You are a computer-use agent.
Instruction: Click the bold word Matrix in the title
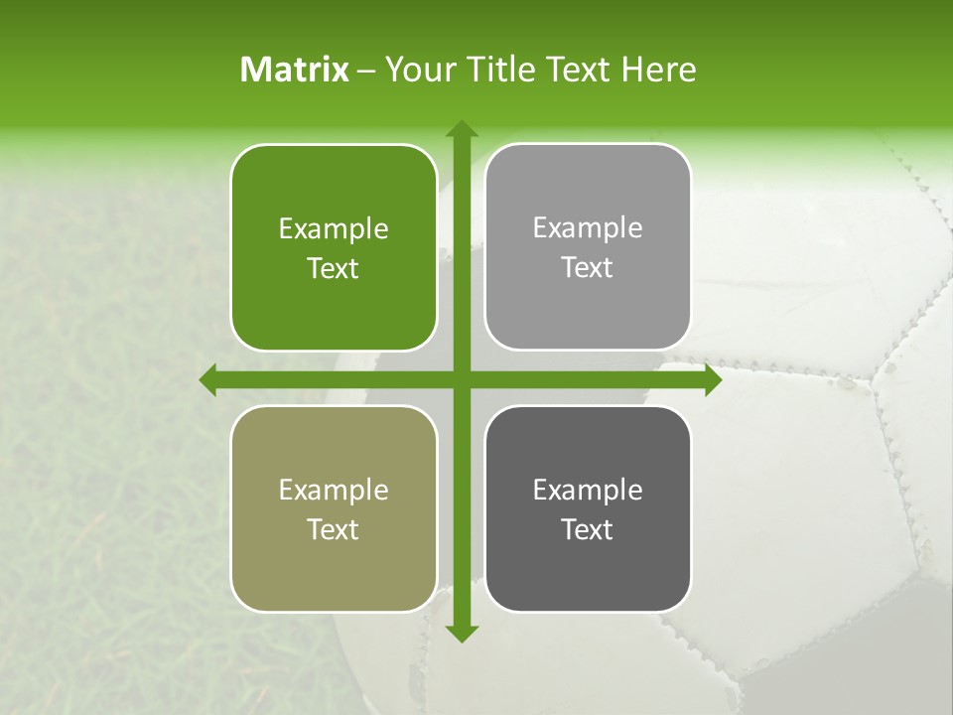click(295, 70)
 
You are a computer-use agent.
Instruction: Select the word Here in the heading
click(658, 70)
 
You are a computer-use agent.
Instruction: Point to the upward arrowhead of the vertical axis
click(461, 130)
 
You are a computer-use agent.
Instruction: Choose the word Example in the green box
click(334, 229)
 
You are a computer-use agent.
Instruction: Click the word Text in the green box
click(334, 269)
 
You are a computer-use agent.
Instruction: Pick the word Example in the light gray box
click(588, 228)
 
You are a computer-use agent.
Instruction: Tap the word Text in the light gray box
click(588, 268)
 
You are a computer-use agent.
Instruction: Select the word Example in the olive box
click(334, 491)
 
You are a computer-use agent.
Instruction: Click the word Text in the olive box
click(334, 530)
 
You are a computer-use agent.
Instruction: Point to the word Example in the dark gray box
click(588, 491)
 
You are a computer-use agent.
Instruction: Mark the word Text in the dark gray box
click(588, 530)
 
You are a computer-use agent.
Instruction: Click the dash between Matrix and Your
click(366, 71)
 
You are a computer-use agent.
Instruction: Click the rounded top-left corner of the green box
click(241, 155)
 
